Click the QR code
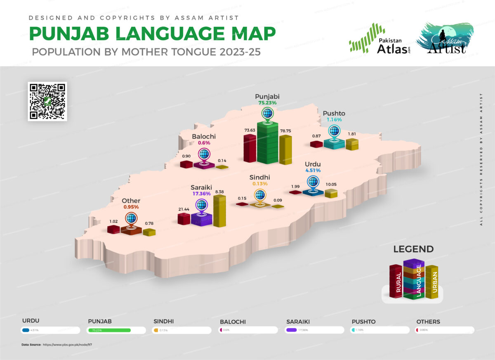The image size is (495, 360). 47,101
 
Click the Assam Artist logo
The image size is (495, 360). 445,38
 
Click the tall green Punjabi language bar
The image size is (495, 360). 267,142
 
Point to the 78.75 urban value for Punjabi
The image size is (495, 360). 285,130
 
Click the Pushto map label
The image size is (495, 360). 334,113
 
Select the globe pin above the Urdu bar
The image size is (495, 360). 313,182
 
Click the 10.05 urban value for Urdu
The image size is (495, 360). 331,185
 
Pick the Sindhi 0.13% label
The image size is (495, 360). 260,183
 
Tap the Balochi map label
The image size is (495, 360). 203,136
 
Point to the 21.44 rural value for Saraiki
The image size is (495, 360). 183,209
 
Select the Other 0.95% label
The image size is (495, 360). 131,207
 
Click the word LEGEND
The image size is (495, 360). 413,249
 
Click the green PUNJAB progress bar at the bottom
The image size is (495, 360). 109,330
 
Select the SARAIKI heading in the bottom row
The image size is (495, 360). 298,322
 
